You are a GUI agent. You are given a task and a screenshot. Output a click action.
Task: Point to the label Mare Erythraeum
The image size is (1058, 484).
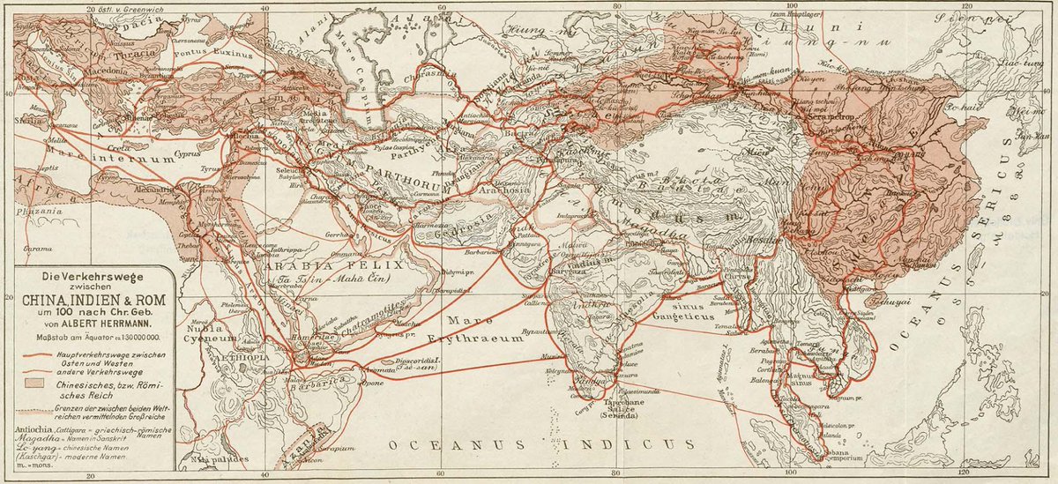481,330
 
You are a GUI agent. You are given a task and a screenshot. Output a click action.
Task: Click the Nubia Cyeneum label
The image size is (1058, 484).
207,332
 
